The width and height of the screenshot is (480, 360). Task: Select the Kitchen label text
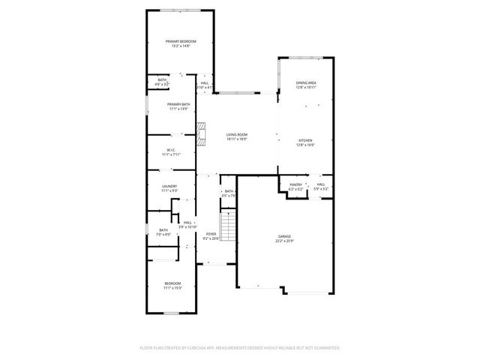(305, 142)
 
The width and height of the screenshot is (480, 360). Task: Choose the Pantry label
(295, 187)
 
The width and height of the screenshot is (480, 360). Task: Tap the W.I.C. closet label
(171, 152)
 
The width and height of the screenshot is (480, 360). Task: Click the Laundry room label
(169, 189)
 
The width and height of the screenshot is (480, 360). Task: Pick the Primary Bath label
(178, 106)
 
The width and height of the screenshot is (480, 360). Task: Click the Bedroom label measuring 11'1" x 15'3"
(172, 285)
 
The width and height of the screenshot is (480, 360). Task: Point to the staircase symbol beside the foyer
(228, 223)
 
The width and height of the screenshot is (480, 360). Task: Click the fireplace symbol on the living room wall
(200, 135)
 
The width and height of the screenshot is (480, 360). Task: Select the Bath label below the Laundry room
(163, 232)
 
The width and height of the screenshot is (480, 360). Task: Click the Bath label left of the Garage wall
(228, 193)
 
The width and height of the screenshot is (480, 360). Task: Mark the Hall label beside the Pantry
(320, 187)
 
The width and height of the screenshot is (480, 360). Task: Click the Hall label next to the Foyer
(187, 224)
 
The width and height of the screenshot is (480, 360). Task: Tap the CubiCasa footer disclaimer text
(240, 348)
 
